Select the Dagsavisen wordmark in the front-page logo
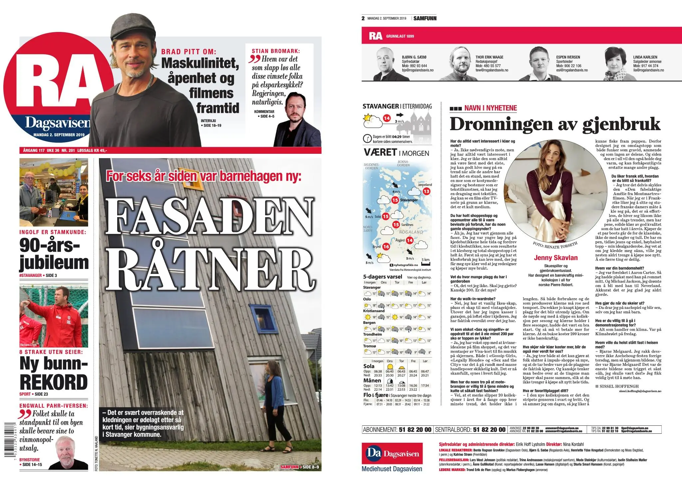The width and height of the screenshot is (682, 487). pyautogui.click(x=57, y=123)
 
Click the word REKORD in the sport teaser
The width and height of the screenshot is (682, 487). pyautogui.click(x=54, y=382)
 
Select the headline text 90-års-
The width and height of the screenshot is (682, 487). pyautogui.click(x=50, y=246)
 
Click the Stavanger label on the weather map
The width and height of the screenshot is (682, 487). pyautogui.click(x=409, y=200)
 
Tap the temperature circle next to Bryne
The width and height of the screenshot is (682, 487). pyautogui.click(x=386, y=247)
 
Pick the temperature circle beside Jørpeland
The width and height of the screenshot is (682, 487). pyautogui.click(x=426, y=191)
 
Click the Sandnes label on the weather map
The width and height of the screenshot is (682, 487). pyautogui.click(x=407, y=225)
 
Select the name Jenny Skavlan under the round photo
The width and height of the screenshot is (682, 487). pyautogui.click(x=555, y=258)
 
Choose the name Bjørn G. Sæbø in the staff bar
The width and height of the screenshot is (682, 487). pyautogui.click(x=414, y=57)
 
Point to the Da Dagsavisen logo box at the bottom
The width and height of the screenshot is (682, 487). pyautogui.click(x=392, y=453)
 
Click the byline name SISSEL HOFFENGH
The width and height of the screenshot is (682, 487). pyautogui.click(x=619, y=386)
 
